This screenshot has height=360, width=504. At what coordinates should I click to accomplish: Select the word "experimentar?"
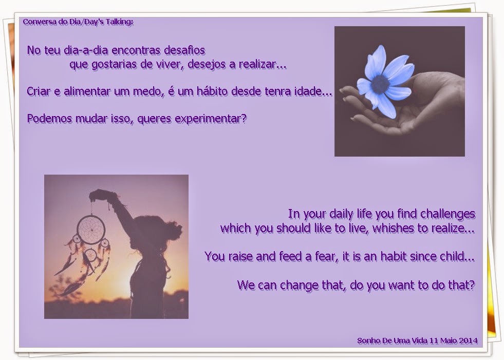tap(211, 119)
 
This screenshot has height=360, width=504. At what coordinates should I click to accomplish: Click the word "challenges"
tap(448, 214)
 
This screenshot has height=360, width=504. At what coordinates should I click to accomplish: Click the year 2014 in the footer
tap(469, 340)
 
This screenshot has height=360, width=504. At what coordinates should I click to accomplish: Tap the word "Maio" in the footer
tap(449, 340)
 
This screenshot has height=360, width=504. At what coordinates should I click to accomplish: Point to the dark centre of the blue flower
tap(380, 84)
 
